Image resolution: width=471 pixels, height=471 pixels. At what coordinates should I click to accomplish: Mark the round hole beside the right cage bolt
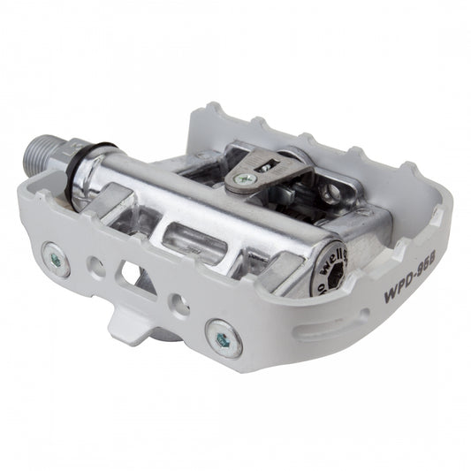coord(179,305)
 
